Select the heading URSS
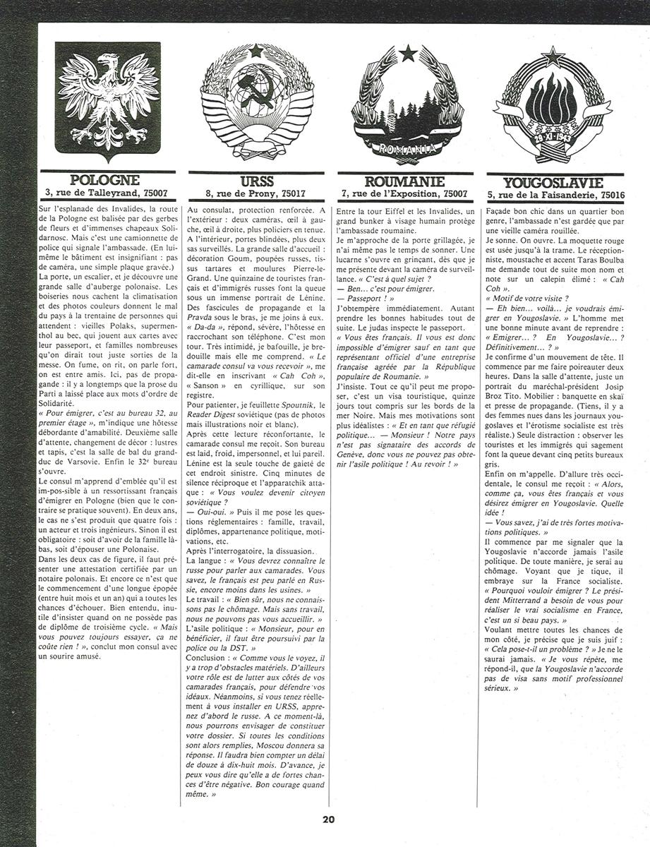257,181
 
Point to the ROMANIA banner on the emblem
407,149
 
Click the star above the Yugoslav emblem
555,55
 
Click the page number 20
328,819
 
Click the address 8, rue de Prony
257,192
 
